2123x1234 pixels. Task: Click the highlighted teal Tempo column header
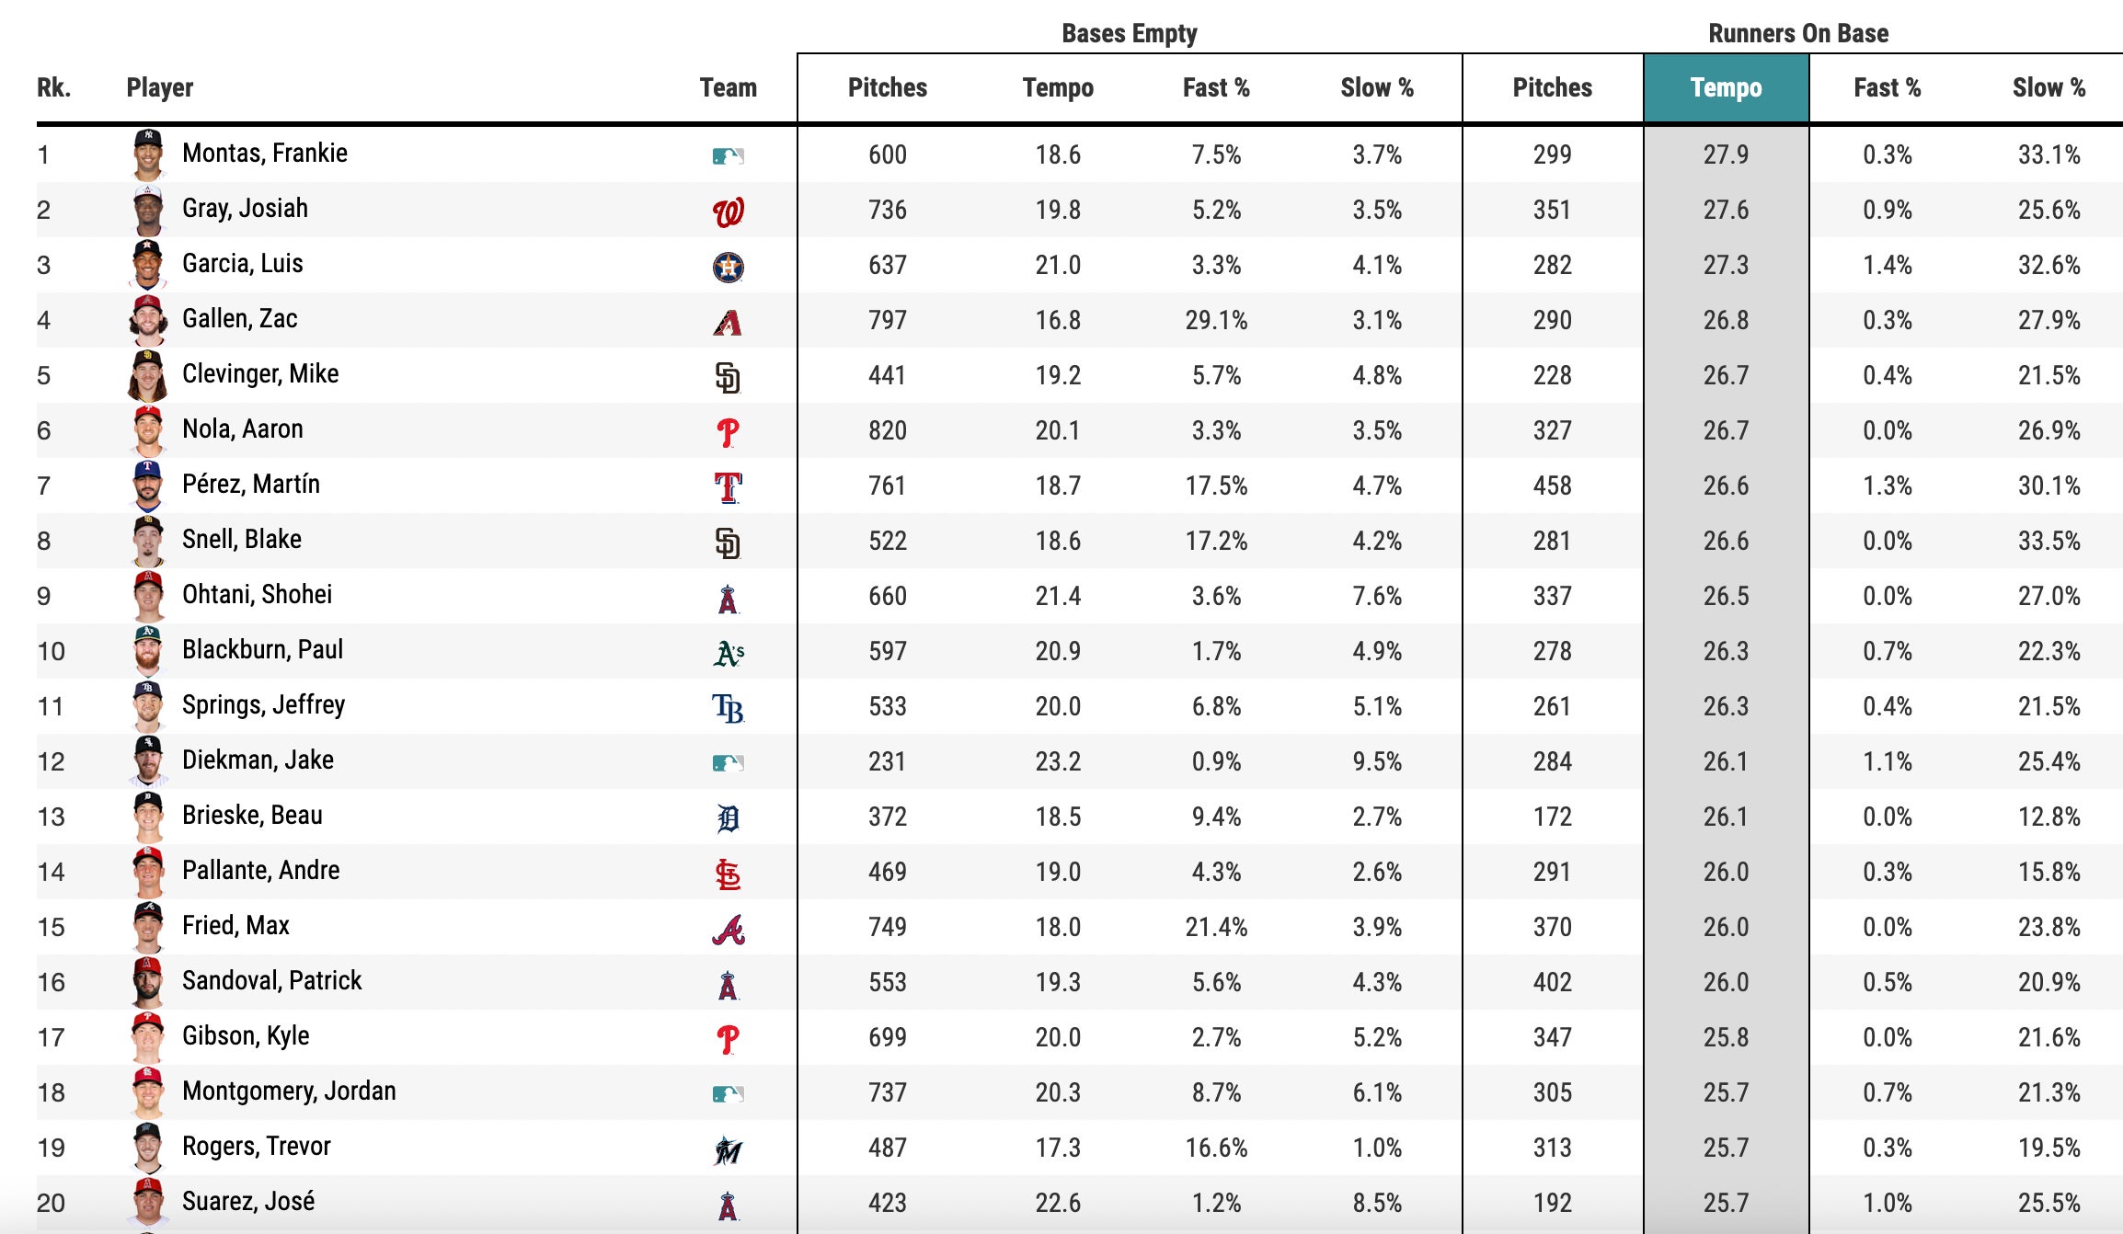pos(1726,88)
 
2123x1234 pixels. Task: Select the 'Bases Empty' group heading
pos(1129,34)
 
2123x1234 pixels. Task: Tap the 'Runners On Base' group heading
pos(1797,34)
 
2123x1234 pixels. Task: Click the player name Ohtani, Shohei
pos(257,595)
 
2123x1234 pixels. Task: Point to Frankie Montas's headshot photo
pos(147,154)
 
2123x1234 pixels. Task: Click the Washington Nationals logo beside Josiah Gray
pos(728,212)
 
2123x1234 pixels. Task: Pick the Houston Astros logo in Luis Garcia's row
pos(728,267)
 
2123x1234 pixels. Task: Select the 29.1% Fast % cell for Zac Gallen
pos(1215,321)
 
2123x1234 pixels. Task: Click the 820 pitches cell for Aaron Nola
pos(887,431)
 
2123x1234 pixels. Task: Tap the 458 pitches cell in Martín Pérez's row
pos(1552,486)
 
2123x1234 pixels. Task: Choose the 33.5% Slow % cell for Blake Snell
pos(2048,542)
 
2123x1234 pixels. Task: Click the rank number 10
pos(51,652)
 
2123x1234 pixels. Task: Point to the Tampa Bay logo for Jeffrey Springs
pos(728,708)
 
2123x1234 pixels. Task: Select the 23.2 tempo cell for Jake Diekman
pos(1057,762)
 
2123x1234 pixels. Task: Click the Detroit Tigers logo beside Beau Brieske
pos(728,817)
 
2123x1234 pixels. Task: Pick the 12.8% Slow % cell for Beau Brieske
pos(2048,817)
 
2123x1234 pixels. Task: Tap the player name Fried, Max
pos(235,926)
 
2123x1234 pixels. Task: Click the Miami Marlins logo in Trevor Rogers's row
pos(728,1149)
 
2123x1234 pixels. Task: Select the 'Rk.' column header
pos(53,88)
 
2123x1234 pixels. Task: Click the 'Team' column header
pos(728,88)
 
